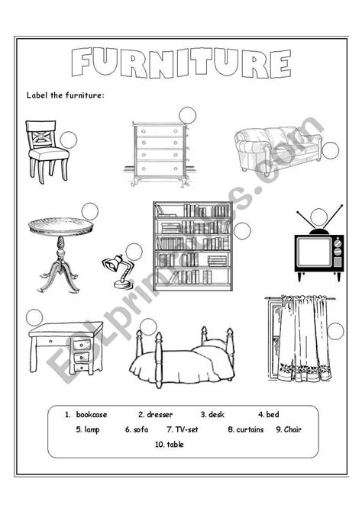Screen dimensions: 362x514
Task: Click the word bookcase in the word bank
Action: tap(92, 415)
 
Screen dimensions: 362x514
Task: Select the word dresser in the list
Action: tap(160, 415)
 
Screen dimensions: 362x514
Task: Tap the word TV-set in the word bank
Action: tap(187, 429)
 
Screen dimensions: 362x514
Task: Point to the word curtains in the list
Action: tap(250, 429)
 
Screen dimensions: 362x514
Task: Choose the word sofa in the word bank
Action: tap(141, 429)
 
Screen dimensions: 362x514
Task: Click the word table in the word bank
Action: tap(175, 445)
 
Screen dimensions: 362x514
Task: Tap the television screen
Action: tap(314, 252)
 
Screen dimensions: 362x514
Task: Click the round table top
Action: tap(61, 226)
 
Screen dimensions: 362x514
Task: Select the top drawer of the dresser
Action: tap(160, 131)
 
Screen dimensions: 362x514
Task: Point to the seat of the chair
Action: tap(49, 153)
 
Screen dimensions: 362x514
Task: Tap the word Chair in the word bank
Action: tap(293, 429)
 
